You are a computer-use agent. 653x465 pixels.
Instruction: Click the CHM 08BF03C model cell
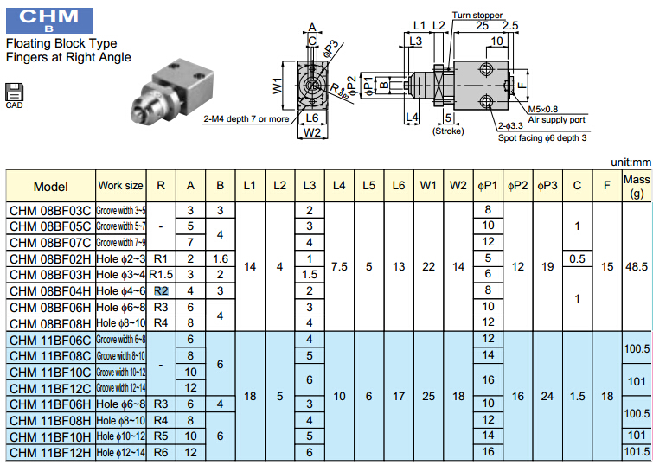[50, 210]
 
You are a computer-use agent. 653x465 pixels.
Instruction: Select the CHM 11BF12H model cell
[50, 452]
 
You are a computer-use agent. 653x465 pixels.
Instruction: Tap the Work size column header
[121, 186]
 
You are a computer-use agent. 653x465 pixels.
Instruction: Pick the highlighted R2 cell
[161, 290]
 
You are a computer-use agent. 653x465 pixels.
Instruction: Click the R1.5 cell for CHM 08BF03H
[161, 274]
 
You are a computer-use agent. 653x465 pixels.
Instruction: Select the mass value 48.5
[637, 266]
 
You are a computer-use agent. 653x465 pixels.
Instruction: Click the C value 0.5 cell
[577, 258]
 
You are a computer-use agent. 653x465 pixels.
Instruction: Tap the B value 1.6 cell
[221, 258]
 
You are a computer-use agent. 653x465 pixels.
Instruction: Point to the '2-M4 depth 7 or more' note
[247, 118]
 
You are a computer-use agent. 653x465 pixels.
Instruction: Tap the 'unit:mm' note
[629, 162]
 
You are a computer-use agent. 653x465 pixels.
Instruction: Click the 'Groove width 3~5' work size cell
[121, 210]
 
